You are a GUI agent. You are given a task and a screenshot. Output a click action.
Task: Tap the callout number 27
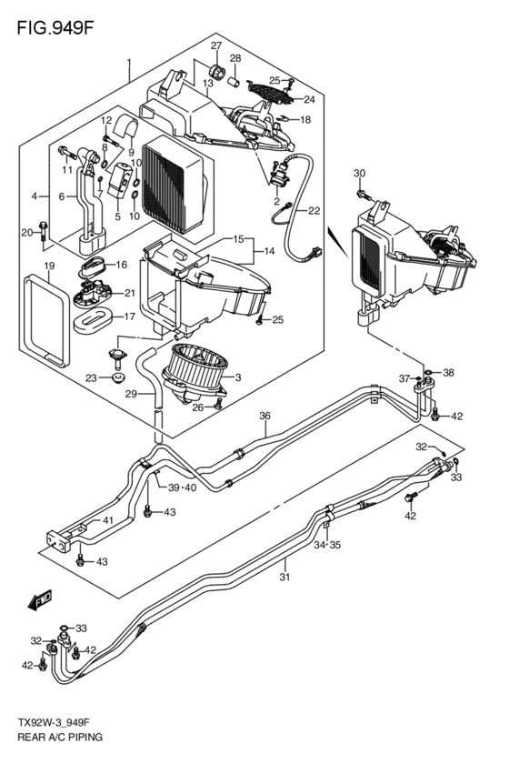(216, 46)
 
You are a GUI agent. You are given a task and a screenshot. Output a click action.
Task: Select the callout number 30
(359, 174)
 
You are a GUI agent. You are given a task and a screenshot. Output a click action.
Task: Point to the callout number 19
(50, 266)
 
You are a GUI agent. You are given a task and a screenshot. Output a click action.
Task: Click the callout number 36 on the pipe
(264, 417)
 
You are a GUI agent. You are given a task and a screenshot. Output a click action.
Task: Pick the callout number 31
(284, 577)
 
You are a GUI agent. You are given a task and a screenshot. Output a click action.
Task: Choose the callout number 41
(107, 519)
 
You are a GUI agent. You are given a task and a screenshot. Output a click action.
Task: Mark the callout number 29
(131, 393)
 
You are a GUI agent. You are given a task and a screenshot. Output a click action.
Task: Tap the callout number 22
(314, 211)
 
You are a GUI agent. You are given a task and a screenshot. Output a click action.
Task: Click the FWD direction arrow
(41, 601)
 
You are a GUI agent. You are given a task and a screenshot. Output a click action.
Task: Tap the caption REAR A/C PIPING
(57, 738)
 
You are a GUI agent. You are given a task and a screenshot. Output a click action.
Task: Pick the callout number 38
(448, 373)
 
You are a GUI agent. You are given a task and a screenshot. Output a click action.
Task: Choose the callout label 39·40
(183, 488)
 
